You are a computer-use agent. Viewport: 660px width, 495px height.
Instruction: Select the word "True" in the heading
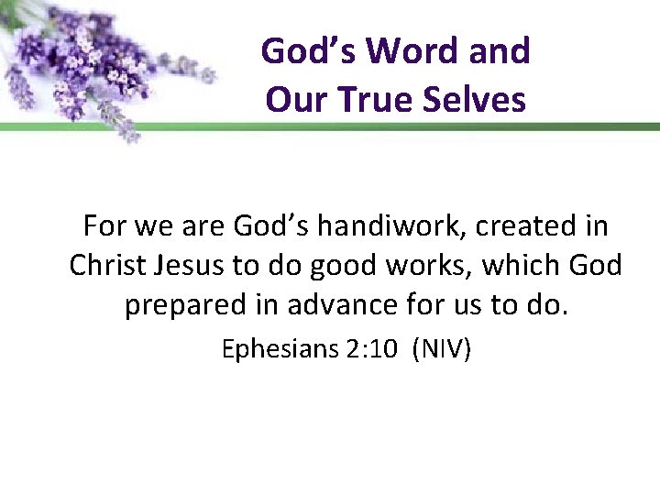click(375, 99)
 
